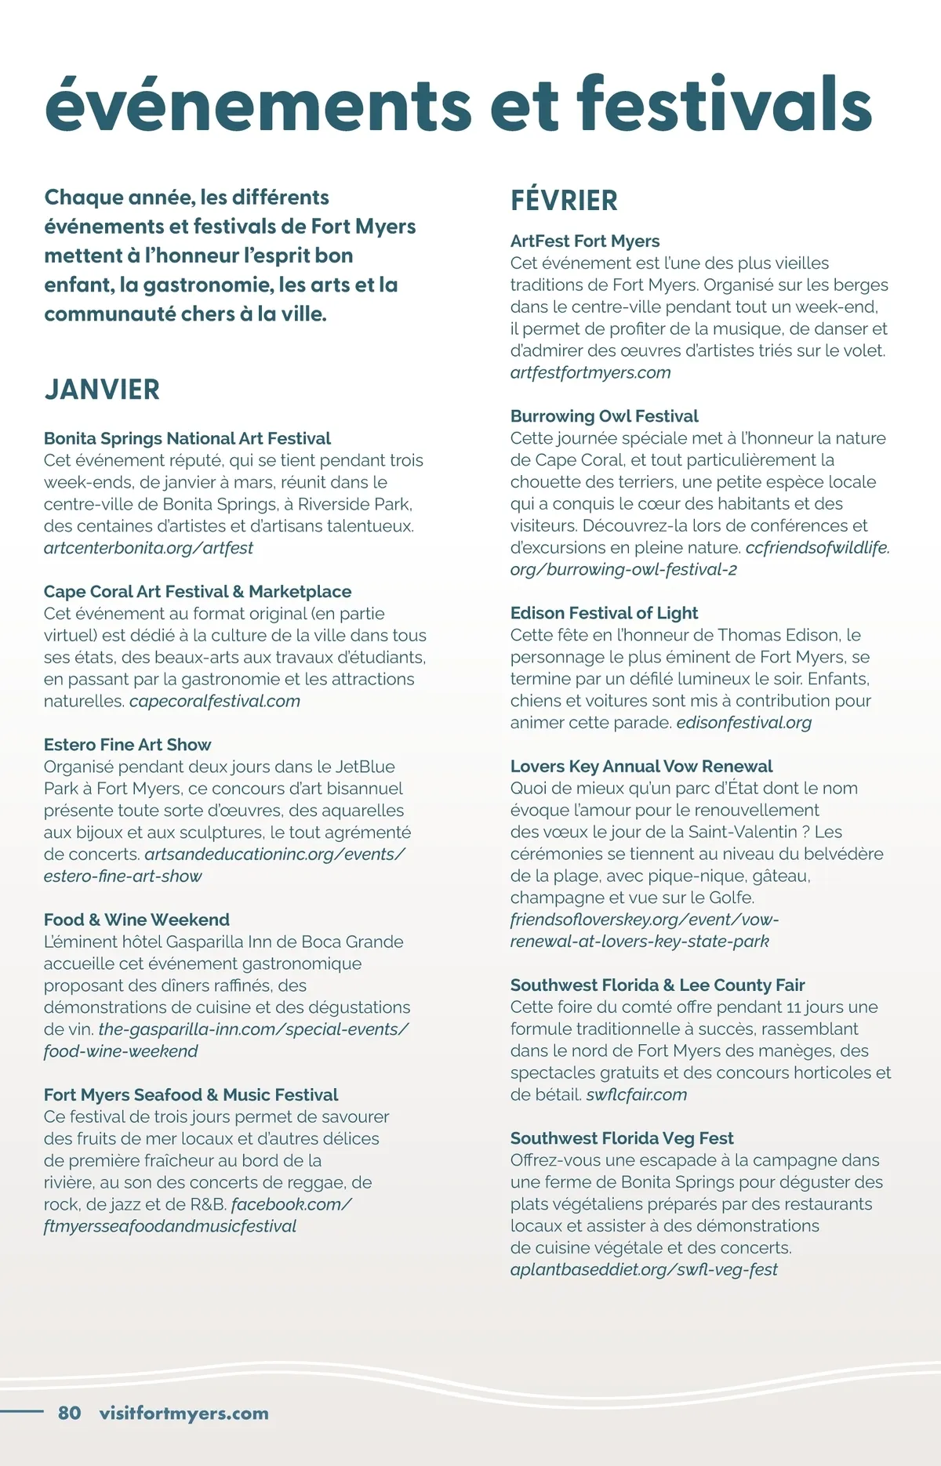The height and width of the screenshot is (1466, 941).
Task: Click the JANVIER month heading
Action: (x=102, y=390)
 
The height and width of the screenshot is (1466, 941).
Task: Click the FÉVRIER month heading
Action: (x=564, y=201)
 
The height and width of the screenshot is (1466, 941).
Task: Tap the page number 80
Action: (x=70, y=1413)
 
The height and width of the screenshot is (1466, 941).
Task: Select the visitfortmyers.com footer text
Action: (x=183, y=1413)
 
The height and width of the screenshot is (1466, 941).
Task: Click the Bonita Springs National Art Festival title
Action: (x=187, y=438)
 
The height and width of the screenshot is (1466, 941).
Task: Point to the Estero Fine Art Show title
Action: (x=128, y=745)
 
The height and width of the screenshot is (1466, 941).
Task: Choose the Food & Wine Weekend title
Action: (x=136, y=920)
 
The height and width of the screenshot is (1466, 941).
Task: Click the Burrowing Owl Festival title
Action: (x=604, y=416)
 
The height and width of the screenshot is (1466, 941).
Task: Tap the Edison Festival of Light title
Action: (x=604, y=613)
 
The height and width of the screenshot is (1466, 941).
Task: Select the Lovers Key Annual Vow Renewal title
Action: (x=641, y=766)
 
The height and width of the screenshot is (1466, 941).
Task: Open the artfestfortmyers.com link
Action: (x=590, y=372)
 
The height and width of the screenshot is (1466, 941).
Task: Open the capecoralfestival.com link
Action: (x=215, y=701)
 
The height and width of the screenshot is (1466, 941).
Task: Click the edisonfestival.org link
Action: (x=743, y=722)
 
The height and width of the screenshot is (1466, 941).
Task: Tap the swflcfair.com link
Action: (x=636, y=1094)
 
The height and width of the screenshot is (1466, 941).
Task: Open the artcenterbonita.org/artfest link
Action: (x=148, y=548)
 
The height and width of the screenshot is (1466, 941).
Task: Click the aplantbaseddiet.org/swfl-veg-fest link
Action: (x=644, y=1269)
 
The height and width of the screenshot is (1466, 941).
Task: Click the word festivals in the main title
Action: (x=724, y=104)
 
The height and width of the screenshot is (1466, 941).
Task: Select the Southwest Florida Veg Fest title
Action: (x=622, y=1138)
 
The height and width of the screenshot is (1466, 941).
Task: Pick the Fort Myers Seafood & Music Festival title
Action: (x=191, y=1094)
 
